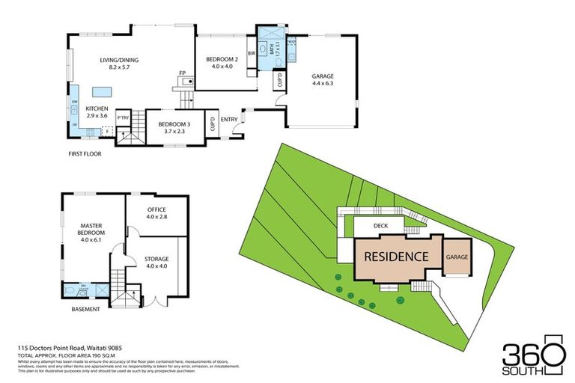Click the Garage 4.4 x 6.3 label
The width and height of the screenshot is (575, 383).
click(x=323, y=80)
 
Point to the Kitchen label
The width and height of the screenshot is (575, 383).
click(x=97, y=112)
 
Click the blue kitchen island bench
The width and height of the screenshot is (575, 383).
click(x=102, y=91)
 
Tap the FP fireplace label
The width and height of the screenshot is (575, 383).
click(x=181, y=73)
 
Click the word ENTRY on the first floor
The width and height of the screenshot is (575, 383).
click(x=229, y=119)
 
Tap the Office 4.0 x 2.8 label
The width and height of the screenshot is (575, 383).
click(x=156, y=213)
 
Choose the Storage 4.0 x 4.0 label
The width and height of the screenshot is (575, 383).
click(x=156, y=263)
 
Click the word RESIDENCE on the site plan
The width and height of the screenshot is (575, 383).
click(x=396, y=257)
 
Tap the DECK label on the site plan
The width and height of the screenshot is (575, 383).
click(x=382, y=225)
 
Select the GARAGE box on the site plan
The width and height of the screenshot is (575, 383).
click(x=457, y=257)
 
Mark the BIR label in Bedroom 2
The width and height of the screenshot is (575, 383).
click(x=252, y=53)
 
